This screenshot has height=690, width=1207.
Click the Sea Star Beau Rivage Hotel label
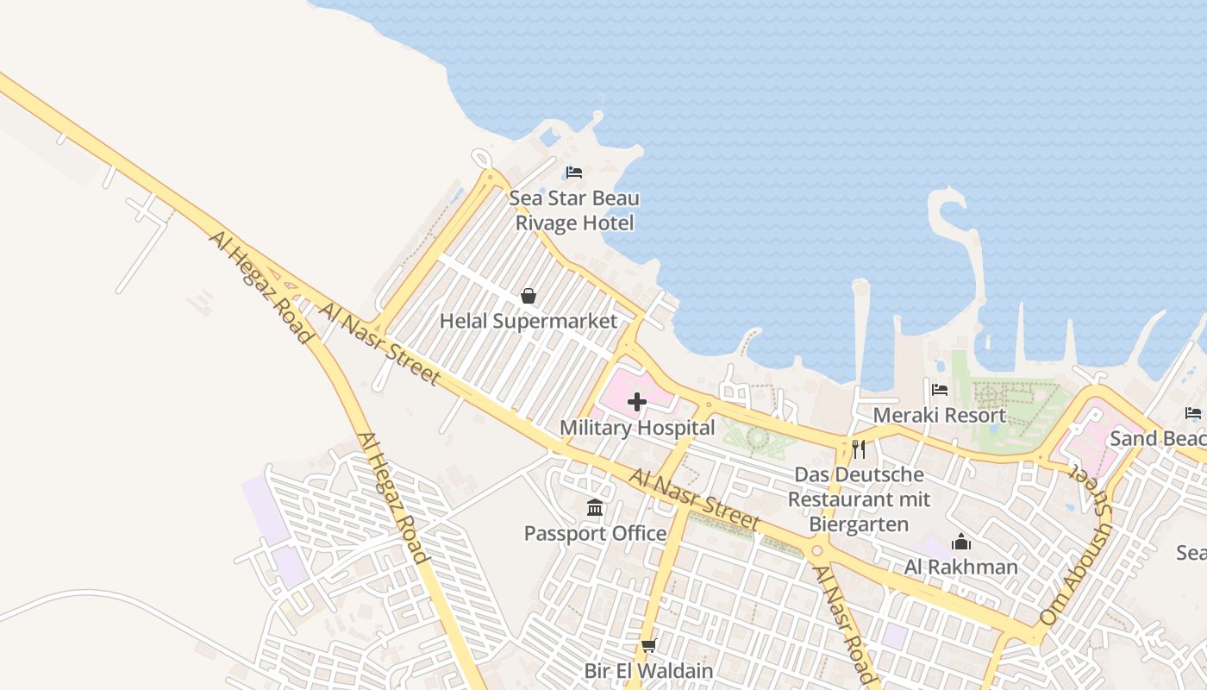click(573, 210)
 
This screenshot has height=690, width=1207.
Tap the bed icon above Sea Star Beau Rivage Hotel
click(574, 172)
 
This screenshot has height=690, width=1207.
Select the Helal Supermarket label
click(528, 322)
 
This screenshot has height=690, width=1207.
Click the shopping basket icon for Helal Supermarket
click(528, 297)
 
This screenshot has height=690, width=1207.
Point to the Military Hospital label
click(637, 428)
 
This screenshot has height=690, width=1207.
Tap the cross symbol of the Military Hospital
click(637, 402)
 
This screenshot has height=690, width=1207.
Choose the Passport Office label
click(595, 534)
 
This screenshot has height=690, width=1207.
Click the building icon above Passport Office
click(595, 508)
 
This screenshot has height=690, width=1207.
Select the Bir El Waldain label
click(648, 671)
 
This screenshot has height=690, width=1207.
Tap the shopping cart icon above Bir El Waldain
click(649, 645)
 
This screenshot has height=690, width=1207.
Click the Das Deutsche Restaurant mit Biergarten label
click(859, 499)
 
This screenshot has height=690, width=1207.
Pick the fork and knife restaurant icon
click(858, 448)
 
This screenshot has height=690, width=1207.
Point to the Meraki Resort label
click(940, 415)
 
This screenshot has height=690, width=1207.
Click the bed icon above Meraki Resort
click(940, 390)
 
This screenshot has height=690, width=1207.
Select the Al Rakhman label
click(960, 567)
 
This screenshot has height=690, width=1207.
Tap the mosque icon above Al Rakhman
click(960, 542)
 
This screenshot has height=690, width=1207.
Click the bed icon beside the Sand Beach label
click(1193, 413)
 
